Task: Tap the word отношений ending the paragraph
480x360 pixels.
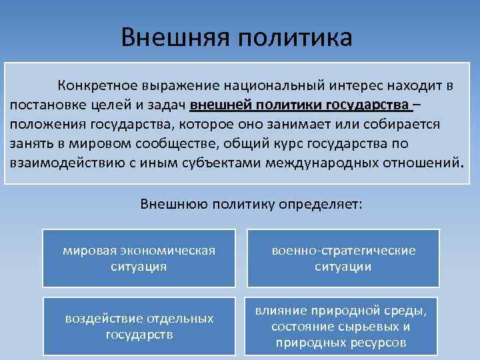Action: pos(418,162)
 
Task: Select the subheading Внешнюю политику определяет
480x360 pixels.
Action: pos(252,203)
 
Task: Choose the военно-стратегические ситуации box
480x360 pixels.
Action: pos(343,258)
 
